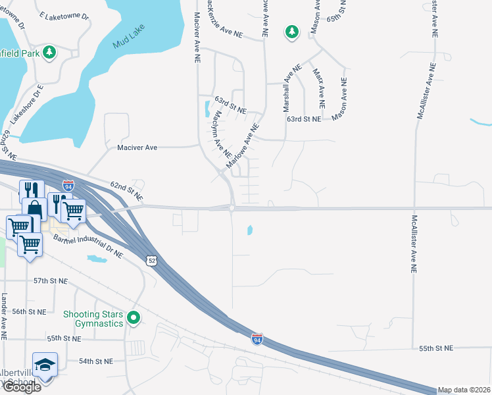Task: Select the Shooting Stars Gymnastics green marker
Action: tap(134, 319)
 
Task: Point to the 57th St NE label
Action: tap(51, 280)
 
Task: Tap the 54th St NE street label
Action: tap(96, 361)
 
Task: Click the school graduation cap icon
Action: tap(45, 365)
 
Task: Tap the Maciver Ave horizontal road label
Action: tap(137, 147)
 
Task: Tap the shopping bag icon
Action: tap(34, 210)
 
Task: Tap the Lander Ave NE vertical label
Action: tap(4, 317)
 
